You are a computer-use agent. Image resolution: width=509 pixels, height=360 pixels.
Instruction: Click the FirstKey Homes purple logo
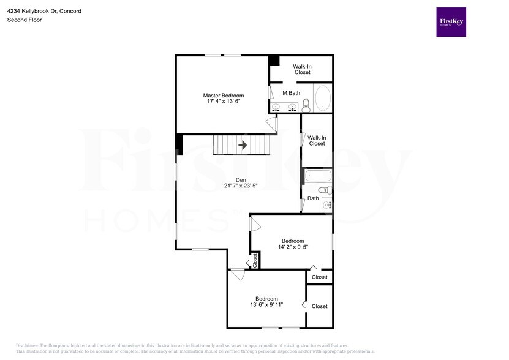pyautogui.click(x=451, y=22)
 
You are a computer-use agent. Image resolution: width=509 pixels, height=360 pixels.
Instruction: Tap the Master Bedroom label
pyautogui.click(x=224, y=96)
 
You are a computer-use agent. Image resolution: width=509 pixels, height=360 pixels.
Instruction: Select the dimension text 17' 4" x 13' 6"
pyautogui.click(x=224, y=102)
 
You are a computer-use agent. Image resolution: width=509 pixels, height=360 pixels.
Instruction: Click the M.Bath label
pyautogui.click(x=291, y=93)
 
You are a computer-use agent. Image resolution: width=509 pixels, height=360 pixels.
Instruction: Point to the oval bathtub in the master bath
pyautogui.click(x=322, y=97)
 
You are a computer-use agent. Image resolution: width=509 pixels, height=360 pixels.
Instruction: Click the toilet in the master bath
pyautogui.click(x=306, y=105)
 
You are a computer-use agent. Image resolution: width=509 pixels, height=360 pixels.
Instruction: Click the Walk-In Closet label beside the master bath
pyautogui.click(x=302, y=69)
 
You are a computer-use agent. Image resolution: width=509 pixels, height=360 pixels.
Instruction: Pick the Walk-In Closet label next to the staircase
pyautogui.click(x=317, y=140)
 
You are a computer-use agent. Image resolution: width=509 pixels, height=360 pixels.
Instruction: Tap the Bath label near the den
pyautogui.click(x=313, y=198)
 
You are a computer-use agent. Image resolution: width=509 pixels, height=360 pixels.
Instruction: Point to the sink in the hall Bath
pyautogui.click(x=326, y=205)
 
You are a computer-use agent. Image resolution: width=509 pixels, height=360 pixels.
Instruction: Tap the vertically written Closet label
pyautogui.click(x=255, y=261)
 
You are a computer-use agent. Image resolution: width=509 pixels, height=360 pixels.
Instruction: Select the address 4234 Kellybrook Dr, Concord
pyautogui.click(x=44, y=11)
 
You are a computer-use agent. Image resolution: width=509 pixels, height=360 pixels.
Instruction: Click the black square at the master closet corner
pyautogui.click(x=274, y=61)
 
